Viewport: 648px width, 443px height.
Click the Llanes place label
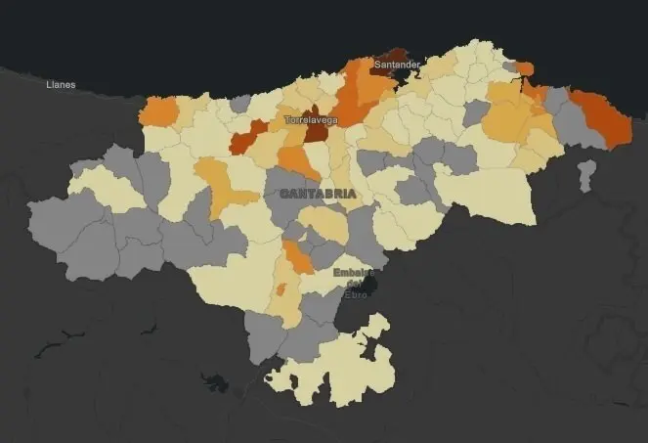61,85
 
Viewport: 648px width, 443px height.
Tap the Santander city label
398,66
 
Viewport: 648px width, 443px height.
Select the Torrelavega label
311,120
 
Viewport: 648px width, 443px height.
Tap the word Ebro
356,294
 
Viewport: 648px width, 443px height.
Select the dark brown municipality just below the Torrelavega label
317,132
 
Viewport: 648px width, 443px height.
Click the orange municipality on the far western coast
159,111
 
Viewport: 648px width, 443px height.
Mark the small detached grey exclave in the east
586,175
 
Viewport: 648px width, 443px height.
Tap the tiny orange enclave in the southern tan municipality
281,288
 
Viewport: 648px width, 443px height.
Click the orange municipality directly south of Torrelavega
297,161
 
